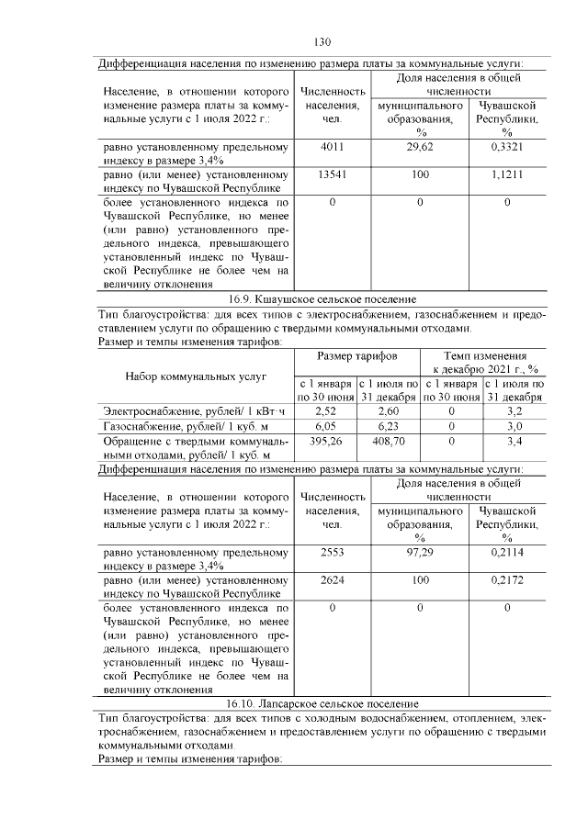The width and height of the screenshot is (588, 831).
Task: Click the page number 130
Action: pos(322,42)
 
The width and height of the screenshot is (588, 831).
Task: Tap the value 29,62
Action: pos(419,147)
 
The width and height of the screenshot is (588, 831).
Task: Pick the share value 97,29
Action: pos(419,553)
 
